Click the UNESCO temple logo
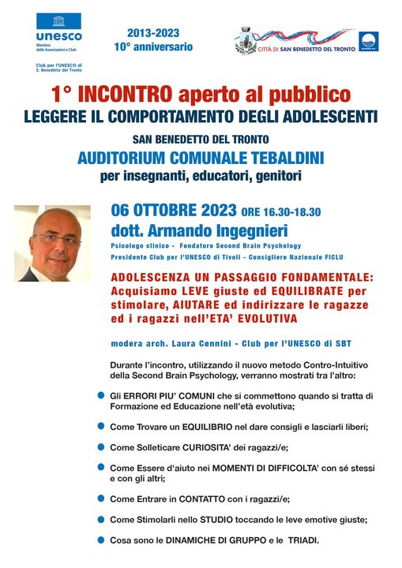pos(58,21)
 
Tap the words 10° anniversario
pos(152,47)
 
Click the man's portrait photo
pos(52,244)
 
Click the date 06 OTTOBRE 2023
pos(174,211)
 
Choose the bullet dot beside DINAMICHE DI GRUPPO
pos(100,540)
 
